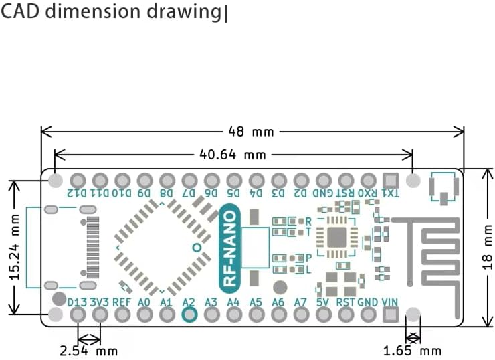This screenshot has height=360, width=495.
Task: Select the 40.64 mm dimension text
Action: click(x=233, y=155)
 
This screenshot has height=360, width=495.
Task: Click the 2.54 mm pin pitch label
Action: click(x=90, y=350)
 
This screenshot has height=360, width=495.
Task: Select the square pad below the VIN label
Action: click(x=390, y=315)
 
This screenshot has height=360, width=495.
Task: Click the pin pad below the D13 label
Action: click(x=78, y=315)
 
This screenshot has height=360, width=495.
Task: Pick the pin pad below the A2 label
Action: click(x=189, y=315)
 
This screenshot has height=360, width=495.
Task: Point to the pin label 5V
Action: click(x=323, y=302)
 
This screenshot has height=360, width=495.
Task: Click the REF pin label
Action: click(x=122, y=302)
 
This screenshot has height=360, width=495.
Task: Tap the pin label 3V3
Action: click(x=100, y=302)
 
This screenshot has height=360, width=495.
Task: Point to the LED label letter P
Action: click(x=308, y=258)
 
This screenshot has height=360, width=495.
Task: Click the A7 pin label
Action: click(x=300, y=302)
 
